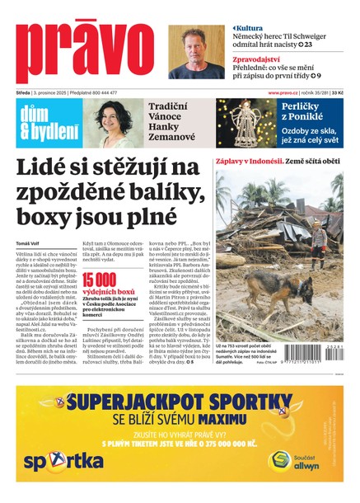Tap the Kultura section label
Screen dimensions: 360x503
250,28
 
